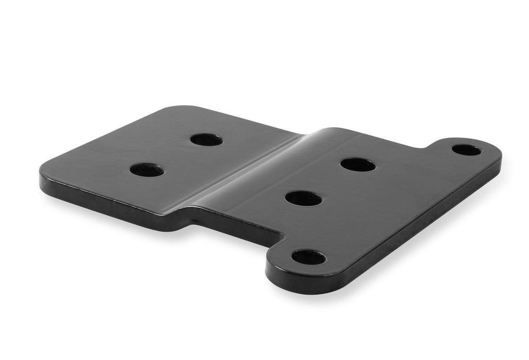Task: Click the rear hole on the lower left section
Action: pos(206,139)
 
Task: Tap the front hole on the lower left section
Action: pos(147,170)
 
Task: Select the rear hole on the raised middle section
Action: pos(358,165)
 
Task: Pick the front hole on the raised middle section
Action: pos(304,198)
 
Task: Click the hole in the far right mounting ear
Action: pos(467,150)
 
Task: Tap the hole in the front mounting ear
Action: pos(309,257)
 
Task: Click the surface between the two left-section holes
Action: pos(176,154)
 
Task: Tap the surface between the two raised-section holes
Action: pos(330,181)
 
